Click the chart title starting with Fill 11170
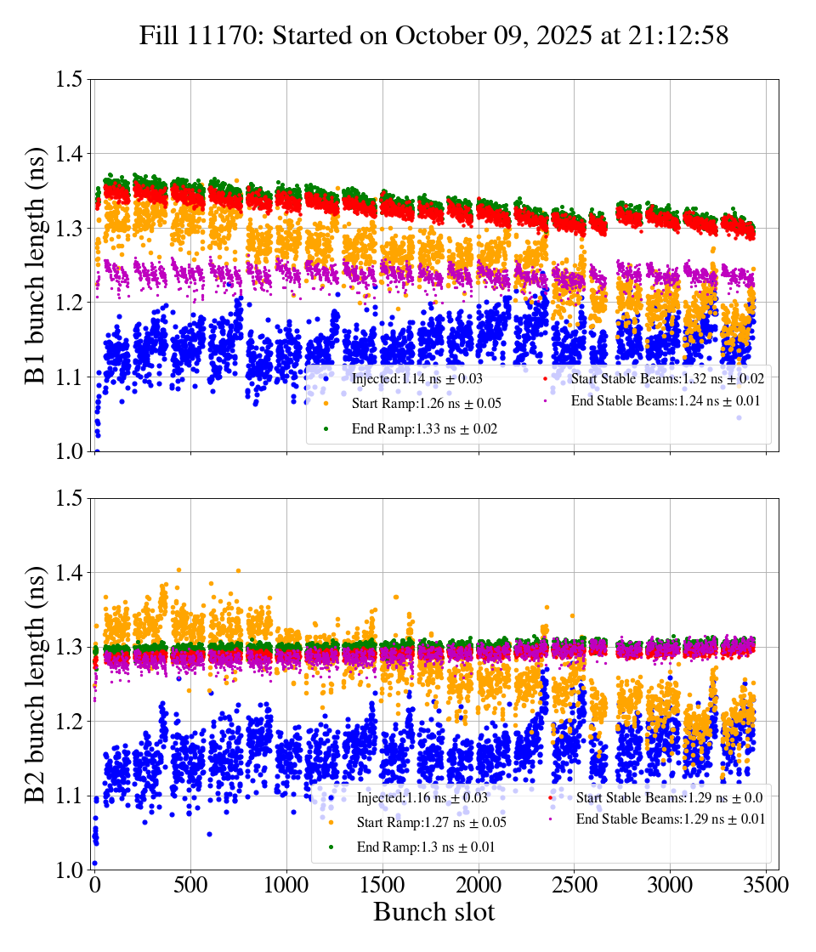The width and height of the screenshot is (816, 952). [x=434, y=35]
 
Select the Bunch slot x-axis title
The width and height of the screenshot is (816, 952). [x=434, y=913]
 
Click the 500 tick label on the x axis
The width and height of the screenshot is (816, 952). [x=191, y=885]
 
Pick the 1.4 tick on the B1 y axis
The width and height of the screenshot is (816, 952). [x=71, y=154]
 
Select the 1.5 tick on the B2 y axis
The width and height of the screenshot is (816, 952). [x=71, y=499]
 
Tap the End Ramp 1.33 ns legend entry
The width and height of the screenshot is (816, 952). [x=424, y=429]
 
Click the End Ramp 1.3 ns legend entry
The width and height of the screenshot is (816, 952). [x=424, y=847]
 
